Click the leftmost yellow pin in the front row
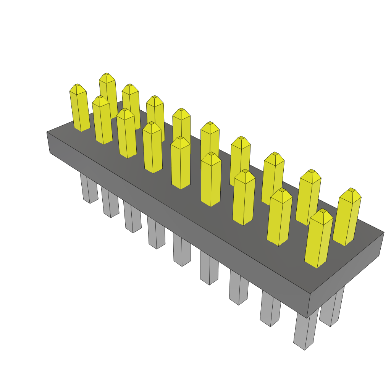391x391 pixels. point(80,111)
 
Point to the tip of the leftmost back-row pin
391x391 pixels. point(107,74)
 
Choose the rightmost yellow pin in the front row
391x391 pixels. point(318,241)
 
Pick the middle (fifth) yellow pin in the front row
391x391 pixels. point(181,164)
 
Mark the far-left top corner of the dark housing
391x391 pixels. point(47,132)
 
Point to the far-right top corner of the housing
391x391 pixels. point(384,232)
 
